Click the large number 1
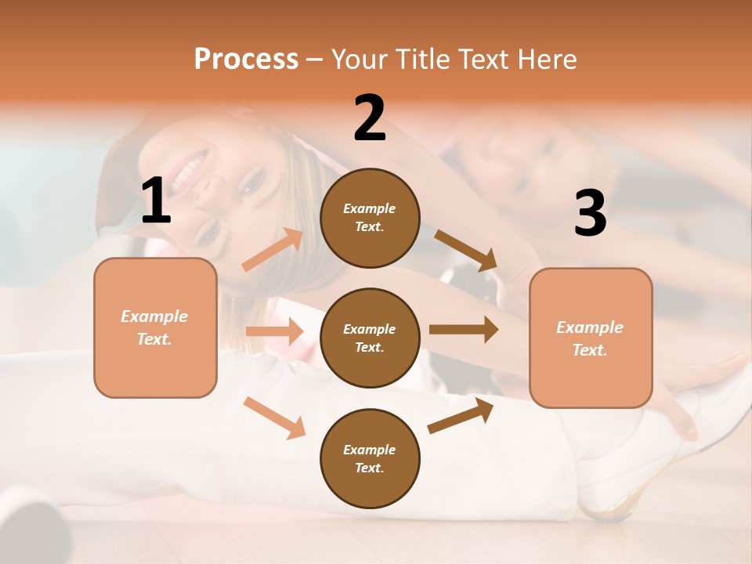(156, 201)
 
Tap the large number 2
(370, 118)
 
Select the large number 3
(590, 214)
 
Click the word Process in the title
(246, 59)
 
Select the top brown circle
(370, 218)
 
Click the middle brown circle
(370, 338)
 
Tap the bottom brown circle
(370, 458)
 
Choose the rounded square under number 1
(155, 327)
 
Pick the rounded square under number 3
(591, 338)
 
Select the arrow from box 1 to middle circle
(274, 331)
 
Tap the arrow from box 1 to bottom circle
(274, 418)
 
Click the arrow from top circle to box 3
(466, 251)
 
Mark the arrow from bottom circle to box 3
(461, 415)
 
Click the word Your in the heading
(357, 59)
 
